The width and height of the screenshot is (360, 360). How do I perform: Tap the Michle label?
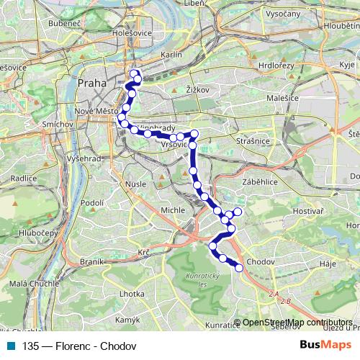[173, 210]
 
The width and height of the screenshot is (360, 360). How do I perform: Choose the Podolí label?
[94, 204]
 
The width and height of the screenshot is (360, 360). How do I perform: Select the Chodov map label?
[258, 261]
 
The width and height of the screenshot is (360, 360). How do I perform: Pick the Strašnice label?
[256, 142]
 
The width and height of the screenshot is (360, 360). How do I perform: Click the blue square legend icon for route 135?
[10, 346]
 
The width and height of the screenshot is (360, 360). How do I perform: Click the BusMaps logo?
[321, 345]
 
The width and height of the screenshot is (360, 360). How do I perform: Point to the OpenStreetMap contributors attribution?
[297, 323]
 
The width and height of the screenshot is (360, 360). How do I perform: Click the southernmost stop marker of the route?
[239, 269]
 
